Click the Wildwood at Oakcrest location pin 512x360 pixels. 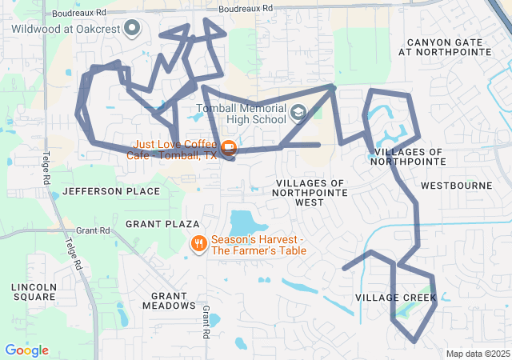[133, 30]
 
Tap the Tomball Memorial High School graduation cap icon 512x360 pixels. [298, 112]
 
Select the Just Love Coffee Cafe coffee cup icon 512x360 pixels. [229, 146]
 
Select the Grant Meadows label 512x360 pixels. [168, 300]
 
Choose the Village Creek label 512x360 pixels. [396, 298]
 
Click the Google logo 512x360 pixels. [26, 350]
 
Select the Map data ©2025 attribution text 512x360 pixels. [478, 354]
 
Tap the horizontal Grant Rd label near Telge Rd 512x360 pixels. [93, 230]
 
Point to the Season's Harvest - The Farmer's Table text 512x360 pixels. [258, 245]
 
